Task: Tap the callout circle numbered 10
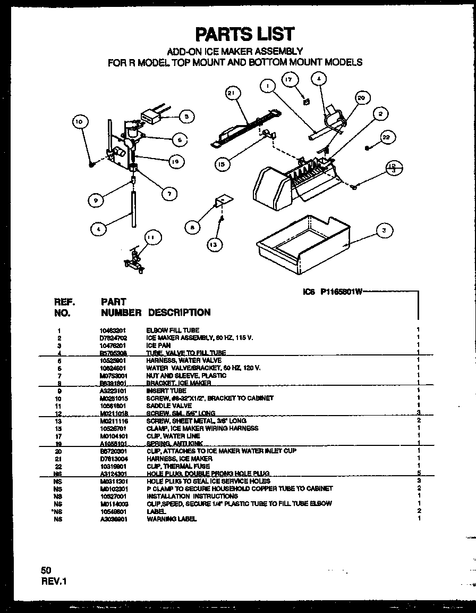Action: [x=79, y=122]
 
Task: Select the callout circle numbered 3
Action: [x=384, y=230]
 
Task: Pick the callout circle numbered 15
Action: [x=223, y=164]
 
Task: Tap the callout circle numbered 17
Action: [x=288, y=80]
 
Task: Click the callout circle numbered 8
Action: [x=192, y=227]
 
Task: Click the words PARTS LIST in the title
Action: [x=245, y=34]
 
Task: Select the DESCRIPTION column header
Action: [x=179, y=312]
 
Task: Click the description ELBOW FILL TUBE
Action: [x=173, y=330]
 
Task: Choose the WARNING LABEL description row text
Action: [x=171, y=519]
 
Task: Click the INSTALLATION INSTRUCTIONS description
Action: [x=192, y=496]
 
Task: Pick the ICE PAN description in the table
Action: [x=158, y=345]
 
